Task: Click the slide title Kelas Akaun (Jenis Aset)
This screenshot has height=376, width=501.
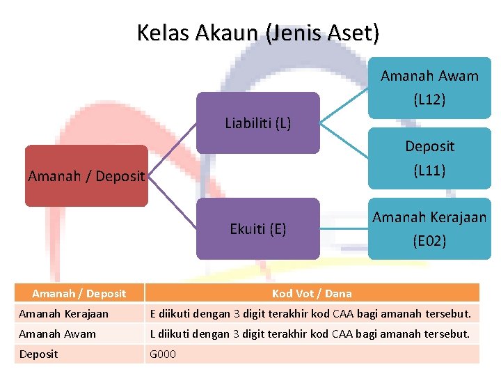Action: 258,33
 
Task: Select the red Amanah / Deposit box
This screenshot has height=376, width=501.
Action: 86,176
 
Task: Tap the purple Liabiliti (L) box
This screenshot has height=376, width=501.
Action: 257,123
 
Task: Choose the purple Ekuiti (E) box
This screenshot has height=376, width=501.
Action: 257,229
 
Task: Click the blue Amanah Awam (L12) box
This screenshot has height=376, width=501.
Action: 429,88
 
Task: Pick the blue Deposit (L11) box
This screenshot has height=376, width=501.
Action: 429,158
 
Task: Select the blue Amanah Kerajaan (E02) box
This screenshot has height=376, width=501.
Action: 429,229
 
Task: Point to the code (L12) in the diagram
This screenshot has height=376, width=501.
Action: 429,100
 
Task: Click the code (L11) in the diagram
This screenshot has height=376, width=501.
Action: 429,170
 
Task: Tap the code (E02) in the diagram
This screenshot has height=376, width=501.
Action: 429,241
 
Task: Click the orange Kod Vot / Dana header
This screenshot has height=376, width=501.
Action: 312,293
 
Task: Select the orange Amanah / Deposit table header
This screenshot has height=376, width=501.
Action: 79,293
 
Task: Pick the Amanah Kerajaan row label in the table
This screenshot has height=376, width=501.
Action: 64,313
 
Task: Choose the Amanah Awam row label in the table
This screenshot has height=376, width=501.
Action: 58,334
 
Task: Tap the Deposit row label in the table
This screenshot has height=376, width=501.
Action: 39,354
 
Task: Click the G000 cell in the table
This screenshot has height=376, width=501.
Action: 164,354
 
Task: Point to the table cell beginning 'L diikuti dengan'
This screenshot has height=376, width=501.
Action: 311,334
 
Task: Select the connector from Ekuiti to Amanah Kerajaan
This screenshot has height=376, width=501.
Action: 344,229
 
